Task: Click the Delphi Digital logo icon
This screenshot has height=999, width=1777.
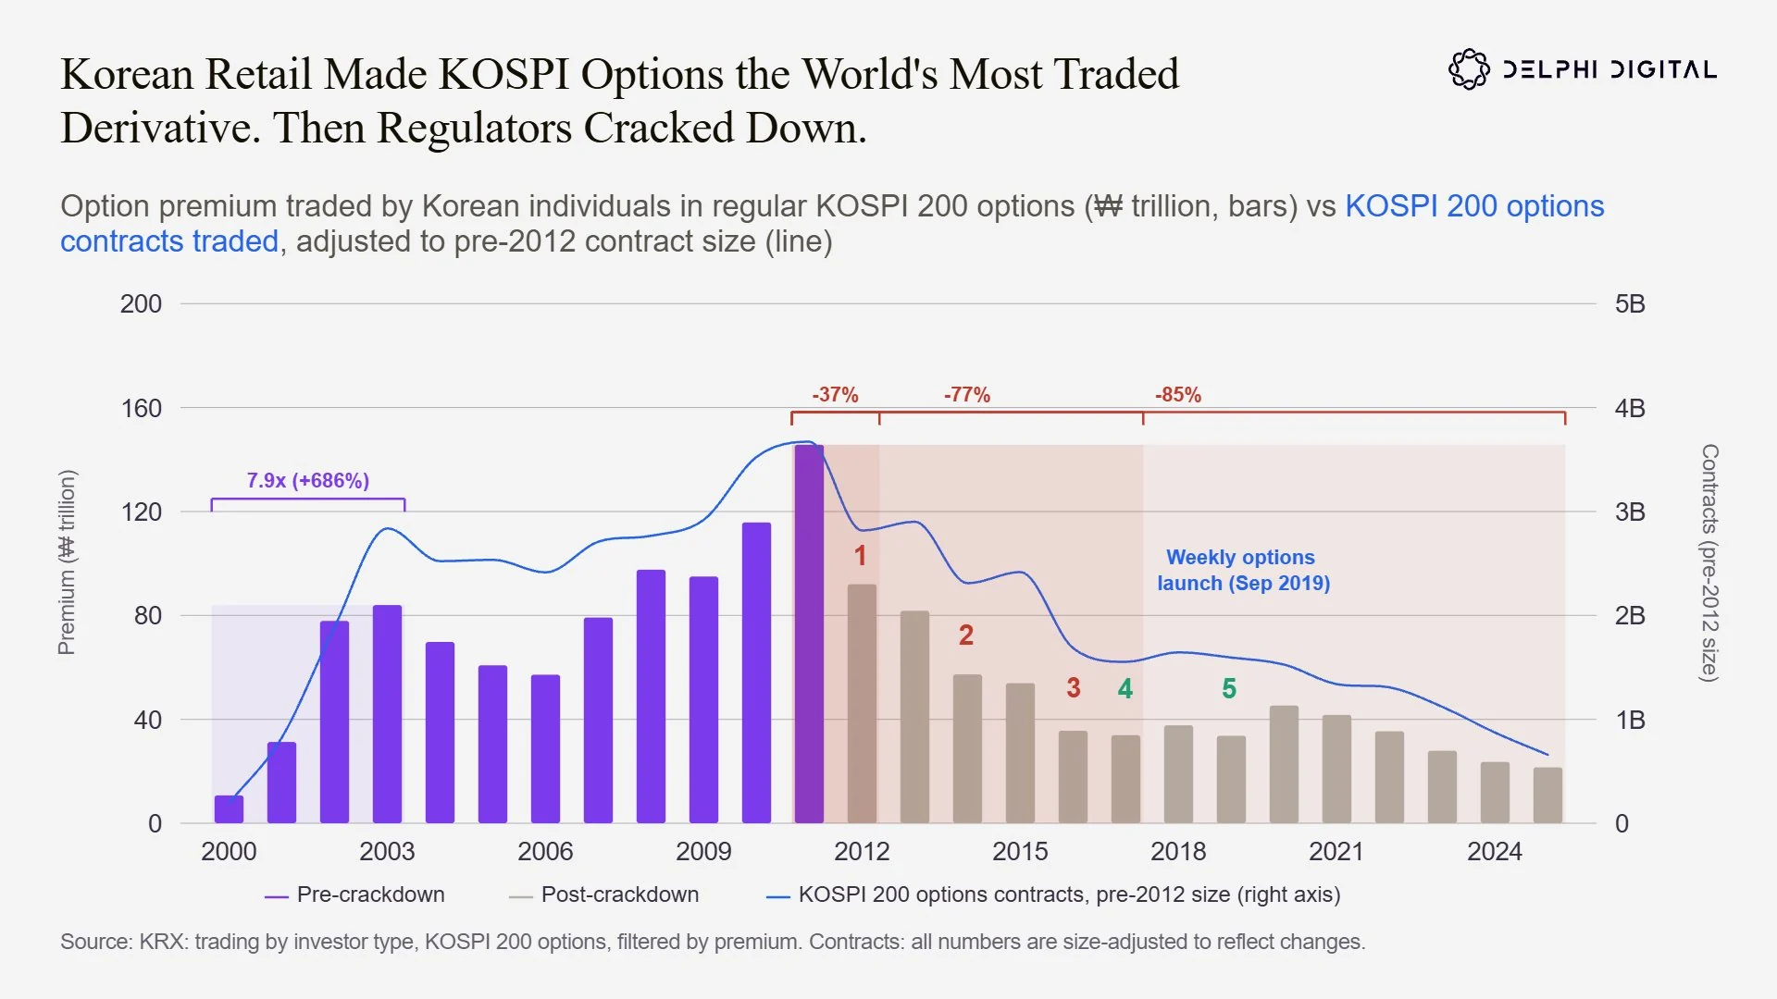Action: pos(1469,69)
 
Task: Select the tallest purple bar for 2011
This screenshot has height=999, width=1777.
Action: pos(809,634)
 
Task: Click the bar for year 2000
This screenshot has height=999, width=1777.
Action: pos(229,809)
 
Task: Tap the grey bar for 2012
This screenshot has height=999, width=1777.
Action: pos(862,704)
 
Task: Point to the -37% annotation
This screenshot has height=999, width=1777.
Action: pos(835,395)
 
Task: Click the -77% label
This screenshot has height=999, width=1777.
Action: pos(967,395)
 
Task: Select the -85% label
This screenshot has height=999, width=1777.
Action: pos(1178,395)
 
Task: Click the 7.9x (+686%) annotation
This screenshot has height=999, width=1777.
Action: pos(308,481)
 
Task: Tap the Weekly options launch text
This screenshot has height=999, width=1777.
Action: pos(1243,570)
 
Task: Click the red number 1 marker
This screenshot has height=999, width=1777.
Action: pos(860,556)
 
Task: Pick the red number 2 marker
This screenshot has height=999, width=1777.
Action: pos(966,635)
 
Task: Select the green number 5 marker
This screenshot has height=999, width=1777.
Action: pos(1229,689)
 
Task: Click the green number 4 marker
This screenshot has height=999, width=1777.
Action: pos(1125,689)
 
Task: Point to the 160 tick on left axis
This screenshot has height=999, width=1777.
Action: pos(142,409)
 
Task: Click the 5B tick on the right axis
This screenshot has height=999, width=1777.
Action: pos(1630,304)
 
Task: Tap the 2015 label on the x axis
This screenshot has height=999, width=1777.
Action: pos(1020,852)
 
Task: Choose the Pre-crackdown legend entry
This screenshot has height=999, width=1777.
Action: pos(354,895)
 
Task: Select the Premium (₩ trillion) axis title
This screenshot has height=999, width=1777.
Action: pos(67,562)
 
